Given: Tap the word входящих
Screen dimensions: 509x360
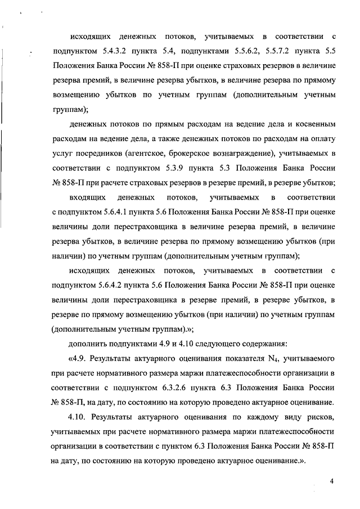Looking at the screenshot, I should (x=84, y=197).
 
